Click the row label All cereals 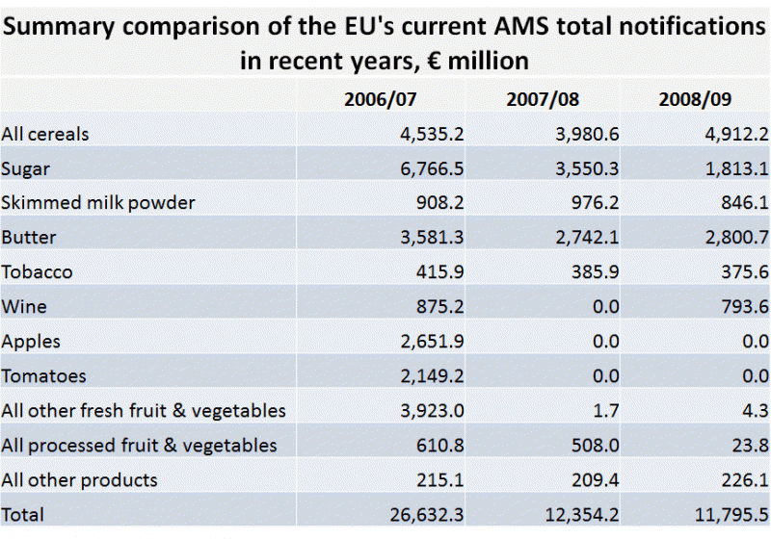(45, 134)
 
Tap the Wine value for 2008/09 (736, 307)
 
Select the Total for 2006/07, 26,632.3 (423, 515)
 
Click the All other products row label (80, 480)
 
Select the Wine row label (24, 307)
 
